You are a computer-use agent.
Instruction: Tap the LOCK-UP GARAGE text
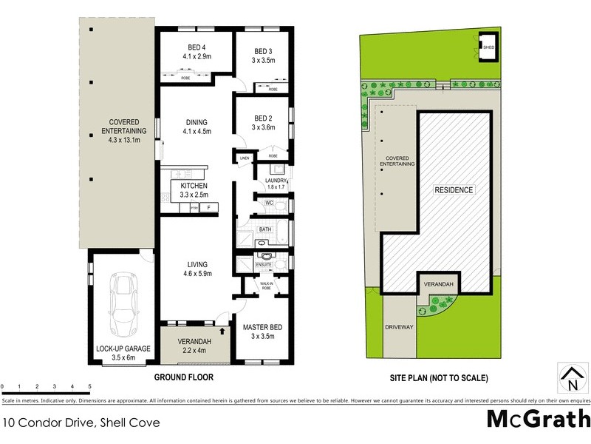(x=123, y=348)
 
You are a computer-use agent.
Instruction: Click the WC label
(x=270, y=202)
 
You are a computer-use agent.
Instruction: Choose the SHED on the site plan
(x=488, y=47)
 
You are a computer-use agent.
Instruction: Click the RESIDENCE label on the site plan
(x=453, y=190)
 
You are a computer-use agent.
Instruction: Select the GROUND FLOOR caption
(x=183, y=377)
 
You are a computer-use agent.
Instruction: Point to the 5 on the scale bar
(x=90, y=387)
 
